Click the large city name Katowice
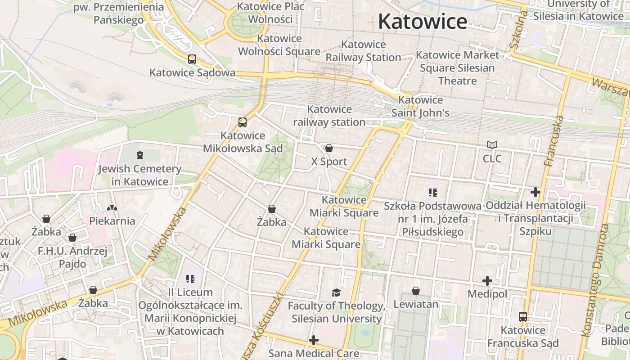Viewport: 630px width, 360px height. point(423,22)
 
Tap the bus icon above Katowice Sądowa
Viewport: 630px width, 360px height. point(192,59)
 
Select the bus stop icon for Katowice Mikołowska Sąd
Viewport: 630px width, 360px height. point(243,122)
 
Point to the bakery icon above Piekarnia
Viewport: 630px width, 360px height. point(112,208)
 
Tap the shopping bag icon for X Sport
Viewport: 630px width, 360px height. point(329,148)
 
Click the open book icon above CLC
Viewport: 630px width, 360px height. point(492,145)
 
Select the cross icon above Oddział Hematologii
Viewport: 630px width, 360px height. point(535,192)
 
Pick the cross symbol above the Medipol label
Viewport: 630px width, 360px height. point(487,281)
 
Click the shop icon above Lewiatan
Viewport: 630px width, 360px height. point(416,291)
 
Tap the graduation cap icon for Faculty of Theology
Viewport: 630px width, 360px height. point(336,293)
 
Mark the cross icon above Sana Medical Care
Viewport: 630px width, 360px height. point(314,340)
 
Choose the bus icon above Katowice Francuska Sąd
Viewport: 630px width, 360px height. point(522,316)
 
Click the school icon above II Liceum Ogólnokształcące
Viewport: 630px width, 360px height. point(190,279)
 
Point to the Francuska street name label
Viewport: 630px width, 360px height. point(553,141)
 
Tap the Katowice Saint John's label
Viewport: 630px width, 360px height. point(420,106)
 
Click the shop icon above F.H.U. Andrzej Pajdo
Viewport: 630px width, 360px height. point(72,238)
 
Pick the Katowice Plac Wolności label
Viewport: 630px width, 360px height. point(270,13)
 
